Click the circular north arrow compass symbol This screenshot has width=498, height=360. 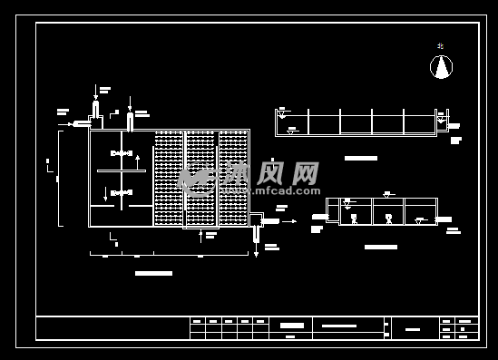441,66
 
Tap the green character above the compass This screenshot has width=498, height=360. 440,45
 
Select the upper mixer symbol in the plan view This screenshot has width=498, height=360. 121,153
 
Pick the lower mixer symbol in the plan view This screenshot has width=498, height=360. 121,192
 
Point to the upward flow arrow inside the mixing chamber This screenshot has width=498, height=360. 138,161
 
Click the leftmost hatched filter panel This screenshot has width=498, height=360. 169,178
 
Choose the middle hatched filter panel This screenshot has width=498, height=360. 200,178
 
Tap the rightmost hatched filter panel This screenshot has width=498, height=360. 233,178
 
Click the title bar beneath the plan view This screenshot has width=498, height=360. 153,273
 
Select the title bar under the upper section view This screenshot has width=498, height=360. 360,158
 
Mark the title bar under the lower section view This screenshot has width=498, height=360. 380,247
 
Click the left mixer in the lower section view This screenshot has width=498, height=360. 354,219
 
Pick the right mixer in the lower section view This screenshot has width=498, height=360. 388,219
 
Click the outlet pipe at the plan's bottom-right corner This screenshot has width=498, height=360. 256,233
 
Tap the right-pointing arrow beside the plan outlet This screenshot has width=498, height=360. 289,221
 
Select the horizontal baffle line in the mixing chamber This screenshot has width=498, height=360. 121,171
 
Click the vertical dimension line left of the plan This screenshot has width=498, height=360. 59,178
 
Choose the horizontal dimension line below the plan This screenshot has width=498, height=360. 169,255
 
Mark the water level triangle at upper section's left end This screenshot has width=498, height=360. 282,115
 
